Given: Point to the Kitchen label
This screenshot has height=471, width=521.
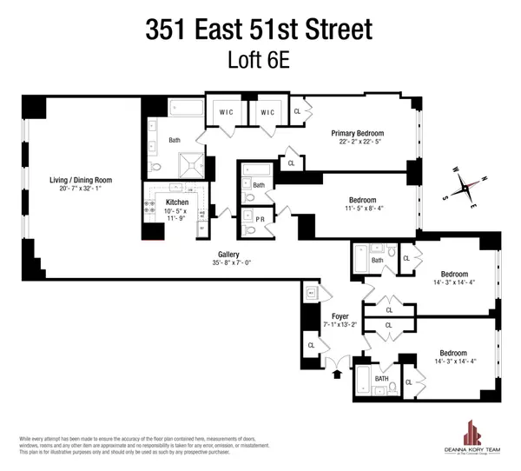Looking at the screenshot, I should point(177,203).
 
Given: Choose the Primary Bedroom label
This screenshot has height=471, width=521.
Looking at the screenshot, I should point(356,134).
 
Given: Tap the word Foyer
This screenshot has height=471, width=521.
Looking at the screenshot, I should point(340,316).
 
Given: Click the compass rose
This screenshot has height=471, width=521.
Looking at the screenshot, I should point(467,186).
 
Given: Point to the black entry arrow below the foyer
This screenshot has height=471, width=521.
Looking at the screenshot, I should point(337,375).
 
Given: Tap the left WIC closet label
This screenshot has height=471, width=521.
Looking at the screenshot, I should point(225,112).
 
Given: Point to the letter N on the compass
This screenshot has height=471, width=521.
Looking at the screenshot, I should point(484,177).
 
